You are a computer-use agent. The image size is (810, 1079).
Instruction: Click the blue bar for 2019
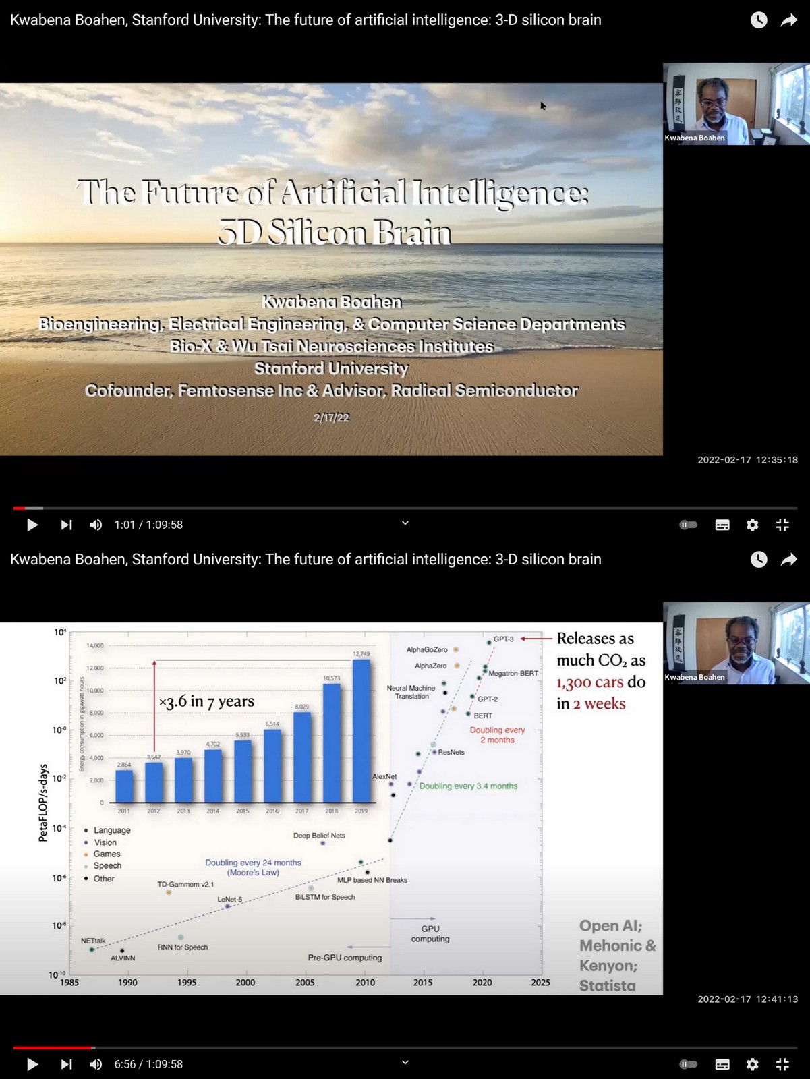tap(361, 732)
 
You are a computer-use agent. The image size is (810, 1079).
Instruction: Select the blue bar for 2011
tap(124, 786)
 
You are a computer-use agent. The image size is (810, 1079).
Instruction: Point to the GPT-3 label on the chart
tap(503, 639)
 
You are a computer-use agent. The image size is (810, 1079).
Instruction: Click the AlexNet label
tap(384, 776)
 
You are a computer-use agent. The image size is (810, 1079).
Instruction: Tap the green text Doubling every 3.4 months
tap(468, 786)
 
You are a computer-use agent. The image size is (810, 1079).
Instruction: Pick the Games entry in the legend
tap(107, 854)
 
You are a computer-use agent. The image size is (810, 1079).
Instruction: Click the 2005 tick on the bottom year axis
tap(305, 983)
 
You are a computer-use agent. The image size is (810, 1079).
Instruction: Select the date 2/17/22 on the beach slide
tap(331, 417)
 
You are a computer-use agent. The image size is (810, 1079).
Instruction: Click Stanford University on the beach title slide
tap(331, 368)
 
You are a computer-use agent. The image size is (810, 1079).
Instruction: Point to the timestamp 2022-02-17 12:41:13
tap(747, 999)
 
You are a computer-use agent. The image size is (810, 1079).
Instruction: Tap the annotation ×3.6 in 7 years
tap(206, 701)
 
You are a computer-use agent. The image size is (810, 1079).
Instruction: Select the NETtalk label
tap(93, 941)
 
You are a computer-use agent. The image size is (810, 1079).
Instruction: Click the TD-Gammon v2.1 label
tap(185, 884)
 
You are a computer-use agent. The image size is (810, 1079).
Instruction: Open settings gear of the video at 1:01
tap(752, 525)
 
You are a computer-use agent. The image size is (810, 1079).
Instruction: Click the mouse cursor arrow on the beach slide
tap(543, 105)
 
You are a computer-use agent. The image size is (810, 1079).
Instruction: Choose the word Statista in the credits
tap(607, 985)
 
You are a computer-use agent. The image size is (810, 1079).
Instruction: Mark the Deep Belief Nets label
tap(319, 836)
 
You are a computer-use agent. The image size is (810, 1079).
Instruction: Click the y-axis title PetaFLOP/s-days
tap(43, 803)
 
